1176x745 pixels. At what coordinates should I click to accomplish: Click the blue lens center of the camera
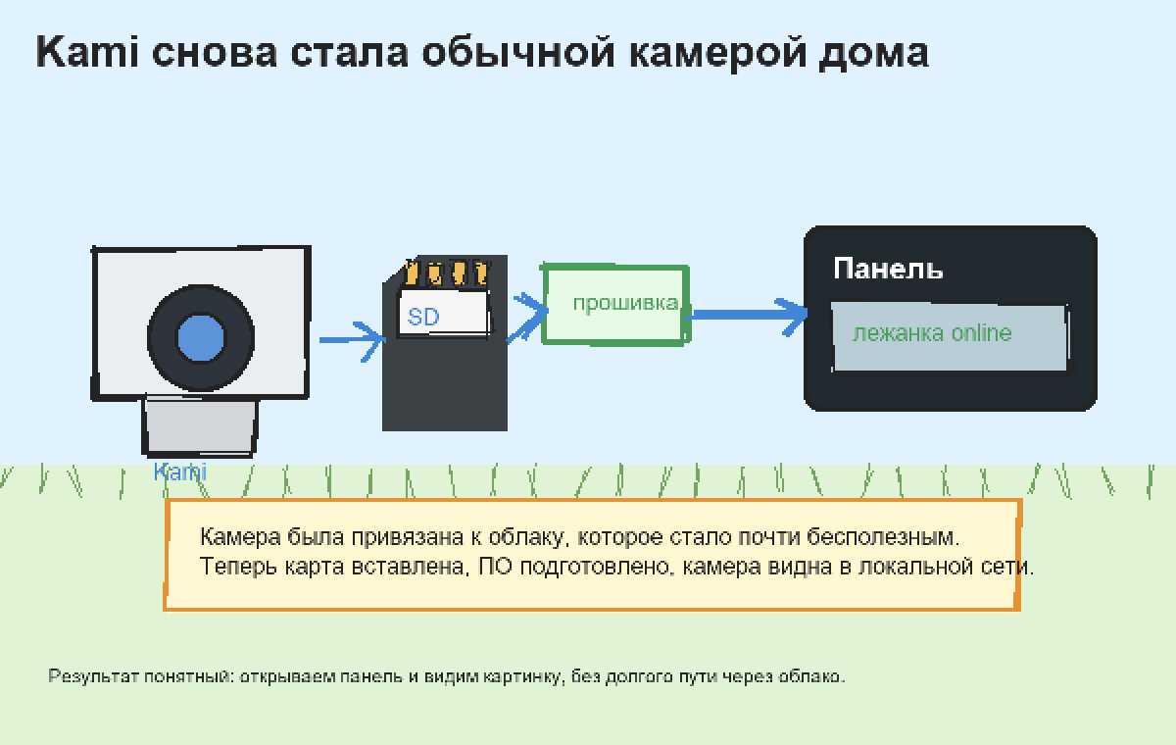(x=201, y=338)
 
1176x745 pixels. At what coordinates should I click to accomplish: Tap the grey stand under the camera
(x=200, y=426)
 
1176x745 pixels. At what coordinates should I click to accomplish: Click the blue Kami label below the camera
(x=180, y=472)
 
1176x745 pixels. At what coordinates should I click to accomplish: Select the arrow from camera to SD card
(x=352, y=340)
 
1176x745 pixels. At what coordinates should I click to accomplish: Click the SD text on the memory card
(x=423, y=317)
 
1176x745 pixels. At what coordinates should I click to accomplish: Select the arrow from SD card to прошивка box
(x=527, y=317)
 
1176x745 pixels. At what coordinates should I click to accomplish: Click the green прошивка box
(x=615, y=305)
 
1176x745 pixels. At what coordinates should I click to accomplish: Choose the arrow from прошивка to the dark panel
(x=747, y=315)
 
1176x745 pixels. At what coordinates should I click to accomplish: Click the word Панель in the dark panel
(x=888, y=269)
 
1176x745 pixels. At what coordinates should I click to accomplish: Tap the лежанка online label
(x=932, y=333)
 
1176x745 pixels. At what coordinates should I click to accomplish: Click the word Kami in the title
(x=87, y=52)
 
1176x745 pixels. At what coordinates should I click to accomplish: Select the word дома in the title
(x=873, y=53)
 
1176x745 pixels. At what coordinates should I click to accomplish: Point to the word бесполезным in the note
(x=883, y=536)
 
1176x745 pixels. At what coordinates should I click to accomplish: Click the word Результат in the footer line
(x=93, y=676)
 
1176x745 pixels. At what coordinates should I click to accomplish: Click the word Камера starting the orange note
(x=240, y=537)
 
